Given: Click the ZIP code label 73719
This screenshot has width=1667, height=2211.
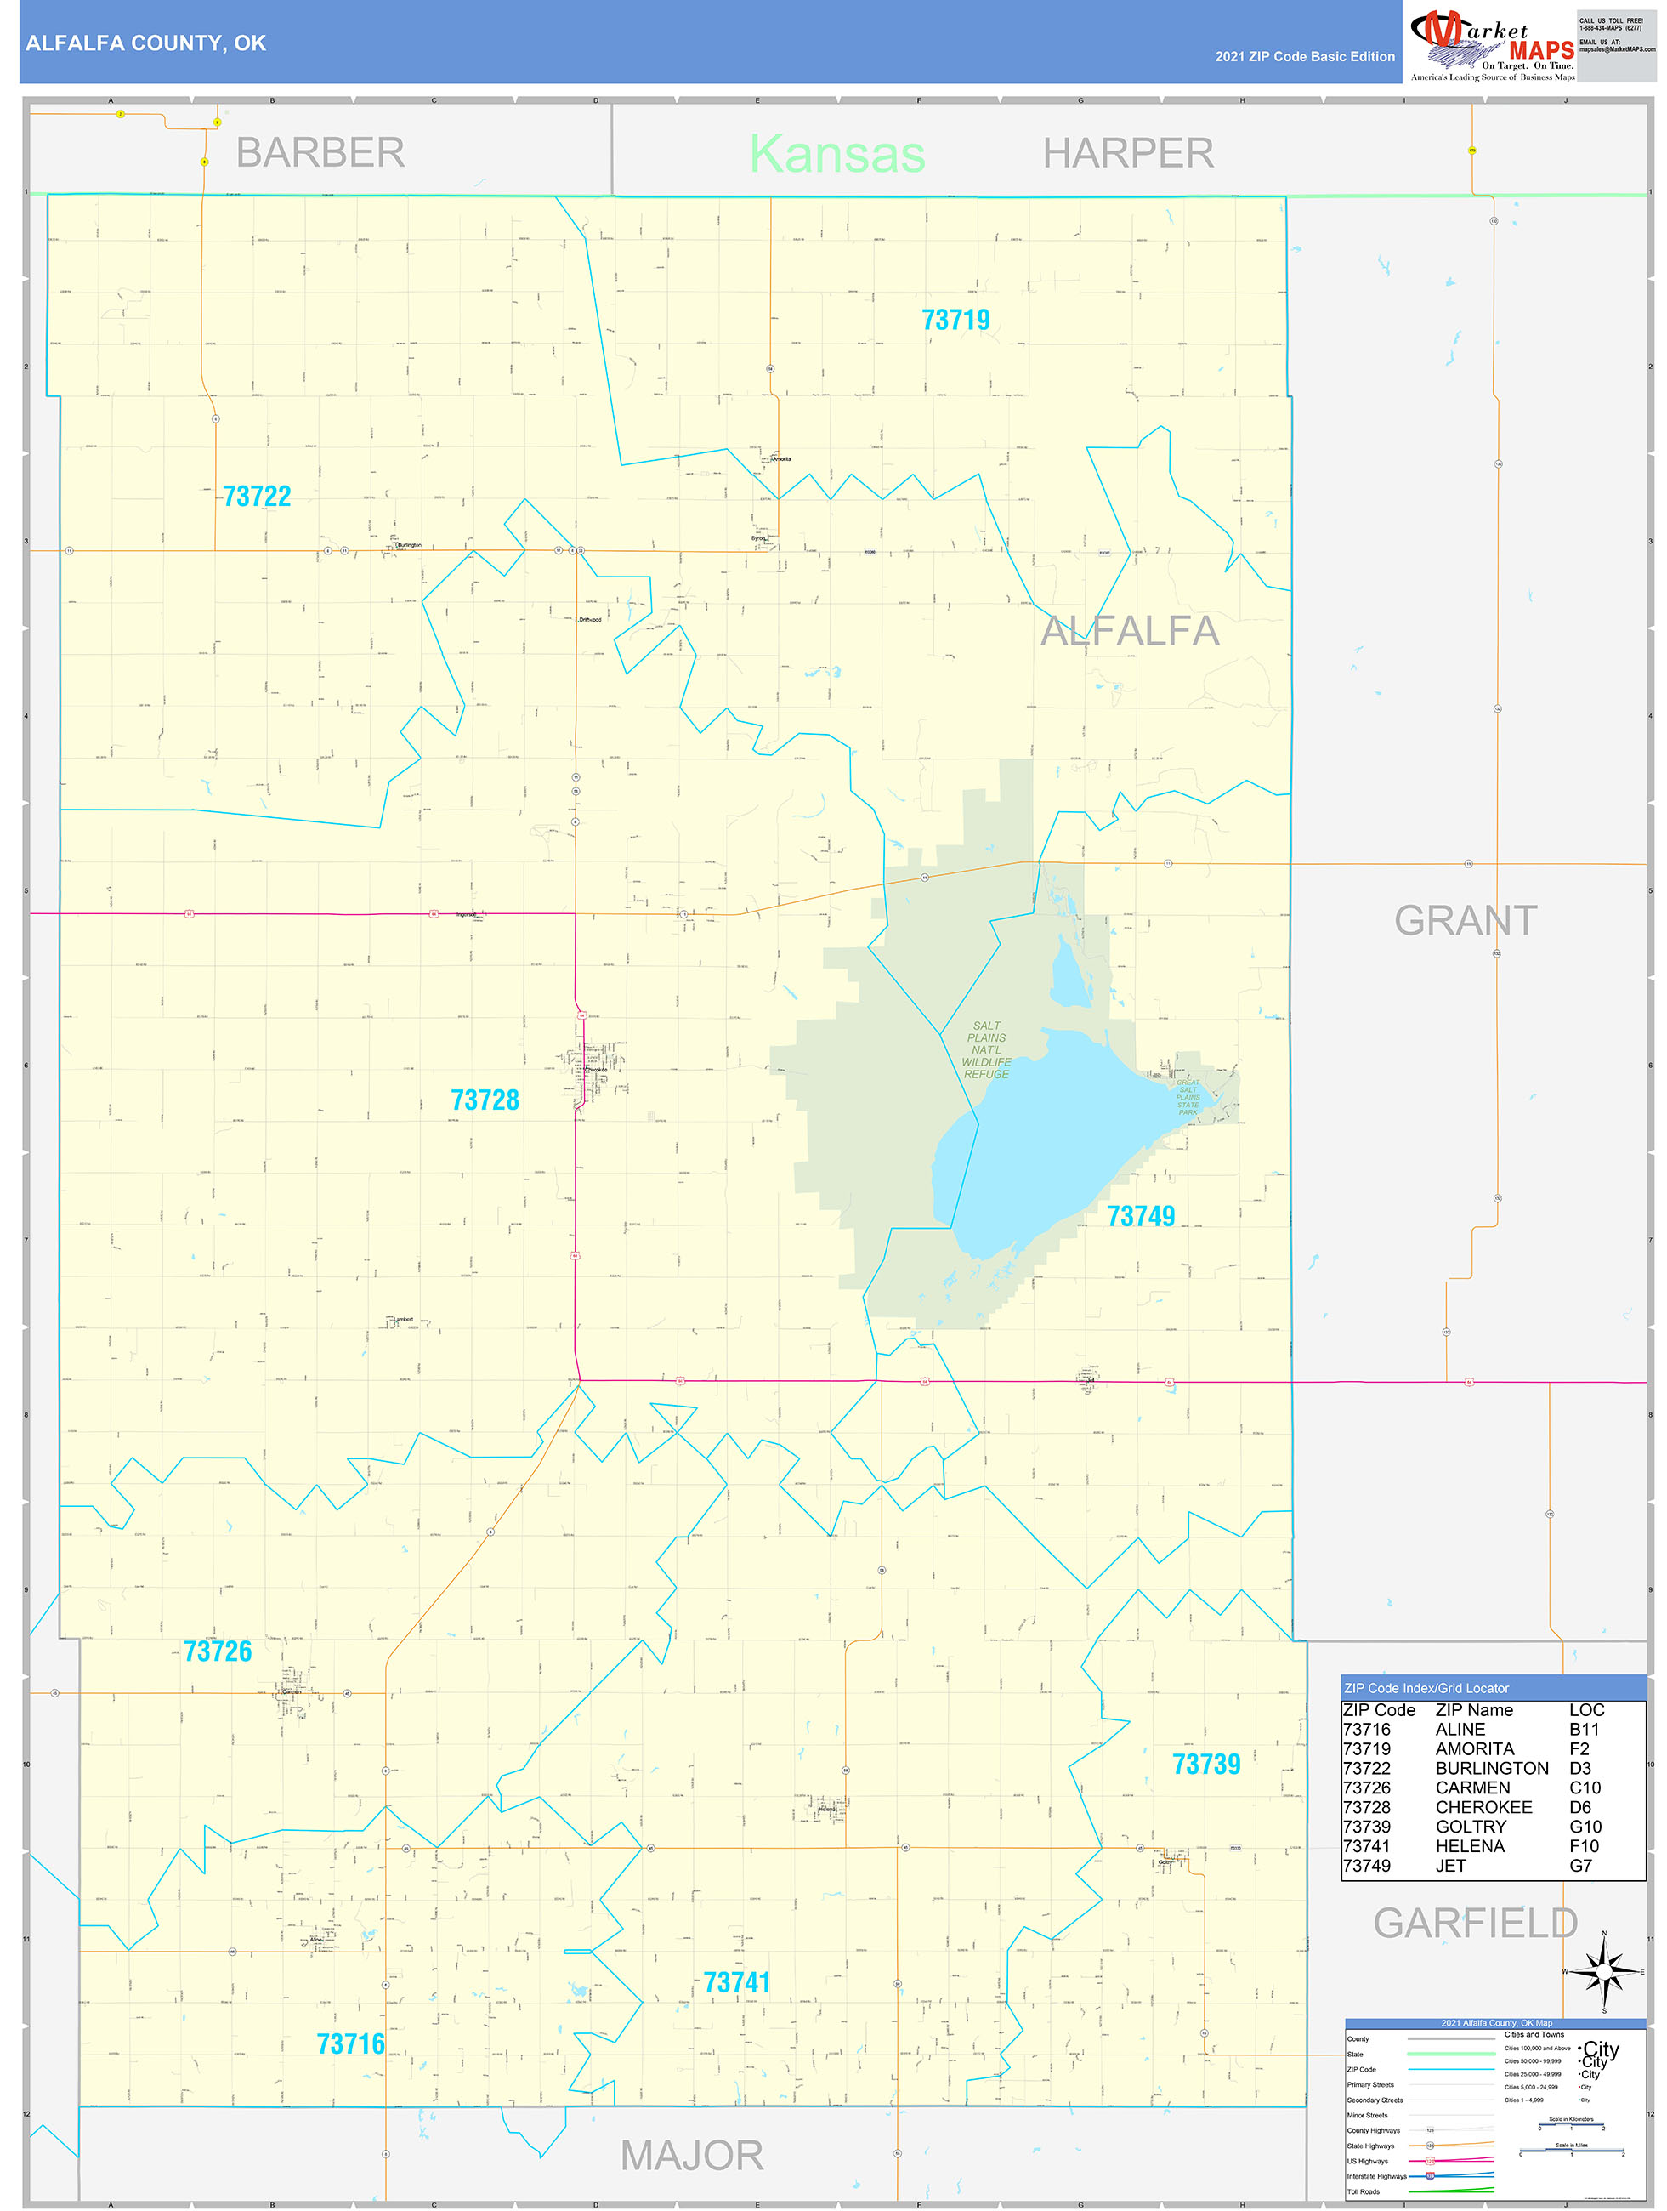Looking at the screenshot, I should coord(955,320).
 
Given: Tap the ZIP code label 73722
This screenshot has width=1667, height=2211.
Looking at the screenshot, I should coord(257,497).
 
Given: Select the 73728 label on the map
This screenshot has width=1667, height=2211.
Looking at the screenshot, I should coord(485,1100).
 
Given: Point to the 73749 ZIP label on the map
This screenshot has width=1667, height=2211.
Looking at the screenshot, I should coord(1140,1216).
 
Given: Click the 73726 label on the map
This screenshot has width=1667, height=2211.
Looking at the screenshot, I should coord(218,1651).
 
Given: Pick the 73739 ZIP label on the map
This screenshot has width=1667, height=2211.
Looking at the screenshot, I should coord(1206,1765).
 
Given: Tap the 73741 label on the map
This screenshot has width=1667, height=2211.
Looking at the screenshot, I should coord(736,1982).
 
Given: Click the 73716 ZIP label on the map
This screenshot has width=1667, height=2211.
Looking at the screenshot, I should coord(351,2044).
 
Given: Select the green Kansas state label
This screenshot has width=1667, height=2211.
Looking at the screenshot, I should coord(837,154).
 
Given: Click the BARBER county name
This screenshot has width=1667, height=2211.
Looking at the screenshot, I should coord(320,153).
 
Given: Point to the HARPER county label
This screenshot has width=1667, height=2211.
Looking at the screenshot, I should coord(1128,154).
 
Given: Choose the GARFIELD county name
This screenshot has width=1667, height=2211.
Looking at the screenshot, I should coord(1475,1923).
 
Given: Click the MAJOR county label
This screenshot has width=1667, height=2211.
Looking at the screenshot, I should coord(692,2156).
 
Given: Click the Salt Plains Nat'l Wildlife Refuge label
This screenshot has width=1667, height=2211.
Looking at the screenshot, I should coord(986,1049).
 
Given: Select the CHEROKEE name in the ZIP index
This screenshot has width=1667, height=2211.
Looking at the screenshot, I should coord(1483,1807).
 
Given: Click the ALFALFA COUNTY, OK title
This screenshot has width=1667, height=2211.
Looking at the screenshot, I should coord(146,43).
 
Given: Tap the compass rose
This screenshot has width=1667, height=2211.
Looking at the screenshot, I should coord(1604,1972).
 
